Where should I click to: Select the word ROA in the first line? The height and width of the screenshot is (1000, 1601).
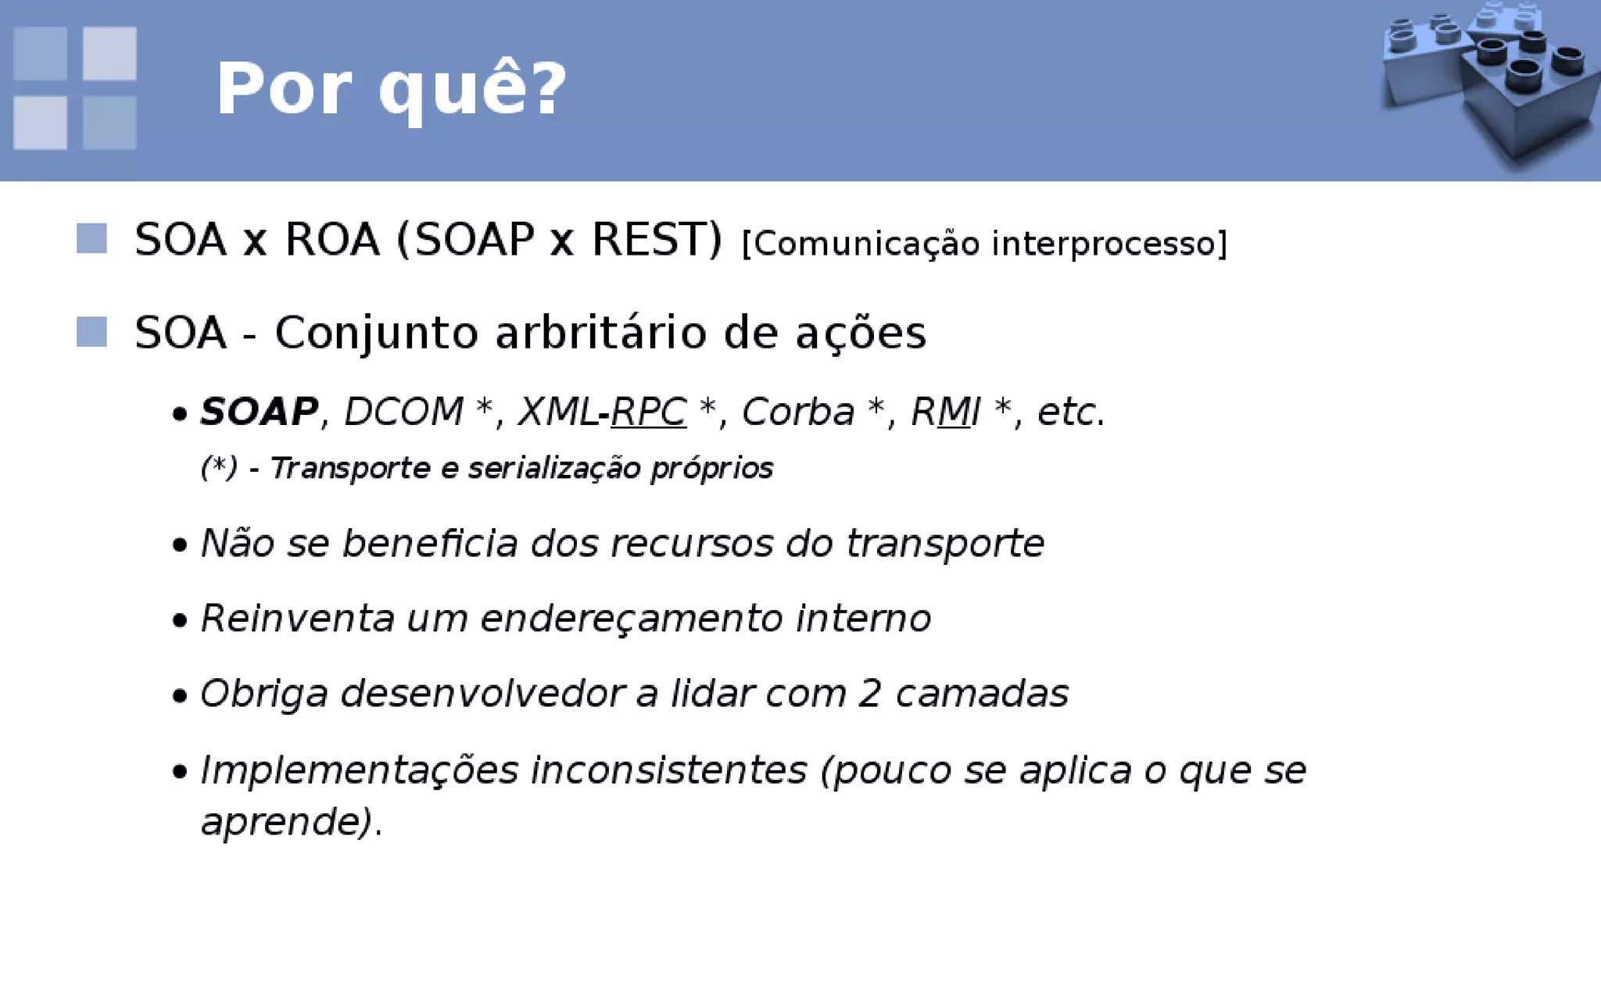click(331, 239)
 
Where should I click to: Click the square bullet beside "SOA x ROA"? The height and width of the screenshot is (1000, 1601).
click(91, 238)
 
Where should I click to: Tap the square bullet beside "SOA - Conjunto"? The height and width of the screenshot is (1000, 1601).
click(91, 331)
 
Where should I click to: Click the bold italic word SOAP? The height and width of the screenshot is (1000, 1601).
click(259, 412)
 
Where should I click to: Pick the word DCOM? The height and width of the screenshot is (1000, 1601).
click(403, 412)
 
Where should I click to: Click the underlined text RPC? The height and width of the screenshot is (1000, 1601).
click(648, 412)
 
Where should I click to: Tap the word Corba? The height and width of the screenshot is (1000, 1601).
click(797, 412)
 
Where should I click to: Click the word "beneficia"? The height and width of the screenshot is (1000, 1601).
click(430, 543)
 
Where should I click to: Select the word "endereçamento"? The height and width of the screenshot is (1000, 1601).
click(631, 618)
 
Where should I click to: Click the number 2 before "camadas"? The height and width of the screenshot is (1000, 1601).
click(870, 694)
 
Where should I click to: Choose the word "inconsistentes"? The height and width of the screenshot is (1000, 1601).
click(668, 770)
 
